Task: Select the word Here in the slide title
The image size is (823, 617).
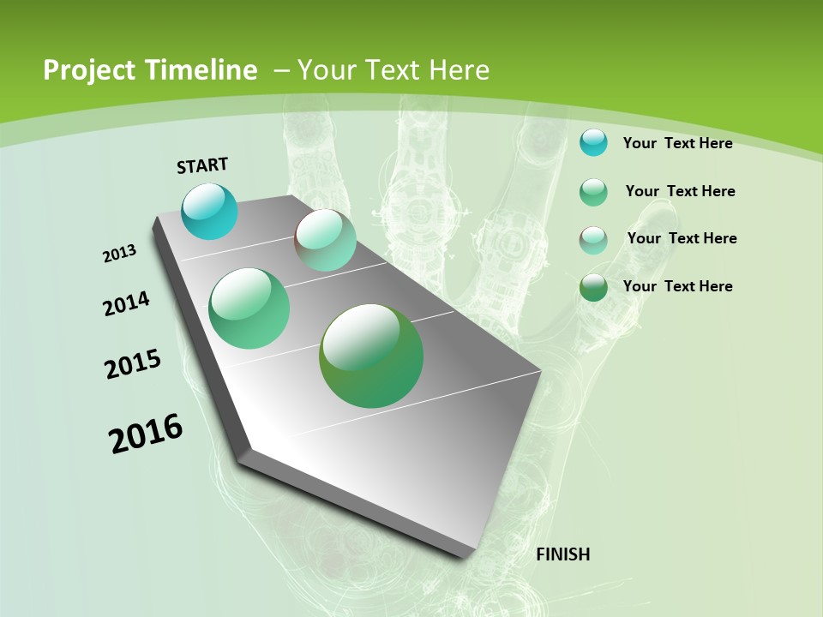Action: pyautogui.click(x=459, y=70)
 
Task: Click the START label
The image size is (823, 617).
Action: pyautogui.click(x=202, y=165)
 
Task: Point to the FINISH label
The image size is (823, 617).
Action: pyautogui.click(x=562, y=554)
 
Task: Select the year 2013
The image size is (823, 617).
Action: pyautogui.click(x=119, y=254)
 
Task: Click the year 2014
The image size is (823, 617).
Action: pyautogui.click(x=126, y=303)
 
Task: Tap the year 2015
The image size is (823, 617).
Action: pyautogui.click(x=133, y=364)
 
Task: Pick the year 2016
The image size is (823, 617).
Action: pyautogui.click(x=146, y=434)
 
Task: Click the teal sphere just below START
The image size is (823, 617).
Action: pyautogui.click(x=209, y=211)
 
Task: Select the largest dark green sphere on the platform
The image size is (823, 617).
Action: pyautogui.click(x=371, y=356)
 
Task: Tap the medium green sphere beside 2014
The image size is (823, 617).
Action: pyautogui.click(x=249, y=308)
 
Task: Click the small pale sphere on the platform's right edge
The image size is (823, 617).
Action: pyautogui.click(x=326, y=240)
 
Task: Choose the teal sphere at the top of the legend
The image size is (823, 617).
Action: pyautogui.click(x=593, y=142)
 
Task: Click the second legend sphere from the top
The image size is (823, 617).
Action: pyautogui.click(x=593, y=192)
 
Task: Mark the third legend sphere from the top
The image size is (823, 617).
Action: pyautogui.click(x=593, y=240)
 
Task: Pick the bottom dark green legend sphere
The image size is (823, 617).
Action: pyautogui.click(x=593, y=287)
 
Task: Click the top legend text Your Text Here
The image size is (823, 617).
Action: pyautogui.click(x=677, y=143)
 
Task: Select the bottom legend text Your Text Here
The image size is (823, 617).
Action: pyautogui.click(x=677, y=286)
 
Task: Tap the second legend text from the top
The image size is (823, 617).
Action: pyautogui.click(x=680, y=191)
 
